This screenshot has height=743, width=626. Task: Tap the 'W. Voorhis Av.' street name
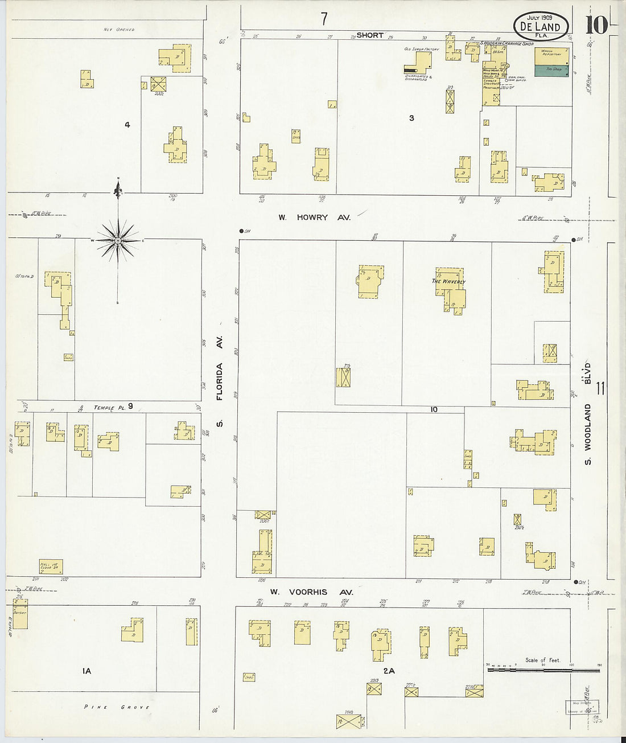[311, 592]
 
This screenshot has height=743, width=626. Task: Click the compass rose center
[118, 241]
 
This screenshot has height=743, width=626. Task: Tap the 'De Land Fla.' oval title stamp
[540, 27]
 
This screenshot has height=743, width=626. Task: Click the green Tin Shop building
[551, 70]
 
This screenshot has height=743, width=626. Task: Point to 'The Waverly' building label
[448, 282]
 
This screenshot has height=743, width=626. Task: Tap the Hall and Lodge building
[51, 567]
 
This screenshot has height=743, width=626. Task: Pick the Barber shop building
[20, 614]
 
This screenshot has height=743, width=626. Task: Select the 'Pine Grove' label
[117, 707]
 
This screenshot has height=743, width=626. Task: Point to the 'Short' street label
[370, 35]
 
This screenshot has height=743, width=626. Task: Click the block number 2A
[389, 671]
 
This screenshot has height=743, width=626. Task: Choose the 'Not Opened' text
[119, 29]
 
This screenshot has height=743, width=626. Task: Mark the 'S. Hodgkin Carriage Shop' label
[507, 43]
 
